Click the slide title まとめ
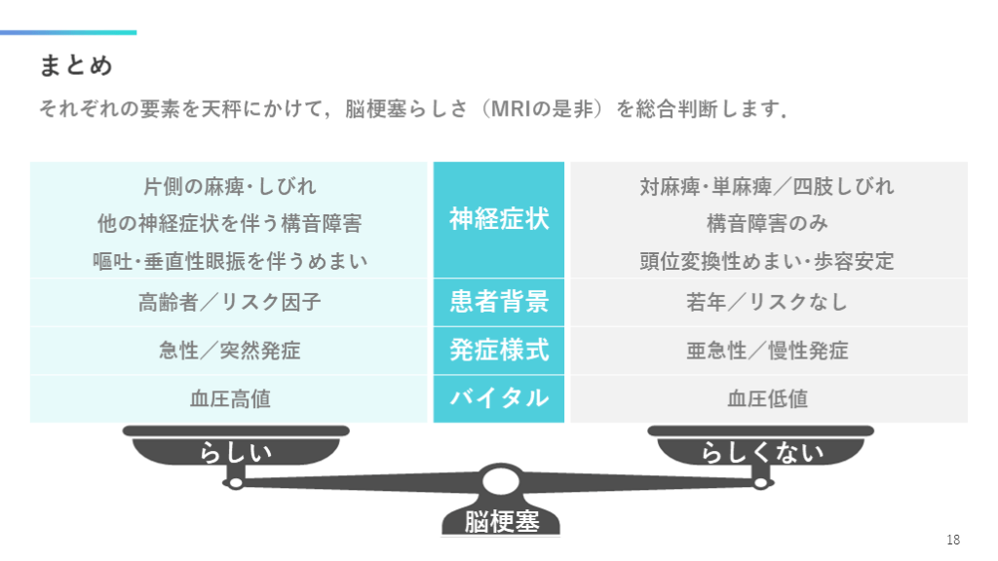pyautogui.click(x=76, y=65)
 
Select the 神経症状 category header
pyautogui.click(x=499, y=219)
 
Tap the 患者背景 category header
pyautogui.click(x=499, y=302)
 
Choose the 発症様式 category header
pyautogui.click(x=499, y=351)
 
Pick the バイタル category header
pyautogui.click(x=499, y=398)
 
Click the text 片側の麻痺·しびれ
pyautogui.click(x=230, y=186)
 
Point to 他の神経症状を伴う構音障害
pyautogui.click(x=230, y=223)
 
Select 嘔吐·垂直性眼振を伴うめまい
pyautogui.click(x=230, y=261)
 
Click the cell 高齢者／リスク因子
pyautogui.click(x=230, y=302)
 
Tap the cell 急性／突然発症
pyautogui.click(x=230, y=351)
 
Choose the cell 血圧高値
pyautogui.click(x=230, y=398)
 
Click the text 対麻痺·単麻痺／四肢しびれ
pyautogui.click(x=768, y=186)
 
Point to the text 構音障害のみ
pyautogui.click(x=768, y=223)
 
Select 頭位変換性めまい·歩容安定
pyautogui.click(x=768, y=261)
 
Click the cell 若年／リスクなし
pyautogui.click(x=768, y=302)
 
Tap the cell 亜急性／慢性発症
pyautogui.click(x=768, y=351)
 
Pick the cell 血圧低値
pyautogui.click(x=768, y=398)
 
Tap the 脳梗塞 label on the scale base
pyautogui.click(x=502, y=521)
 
